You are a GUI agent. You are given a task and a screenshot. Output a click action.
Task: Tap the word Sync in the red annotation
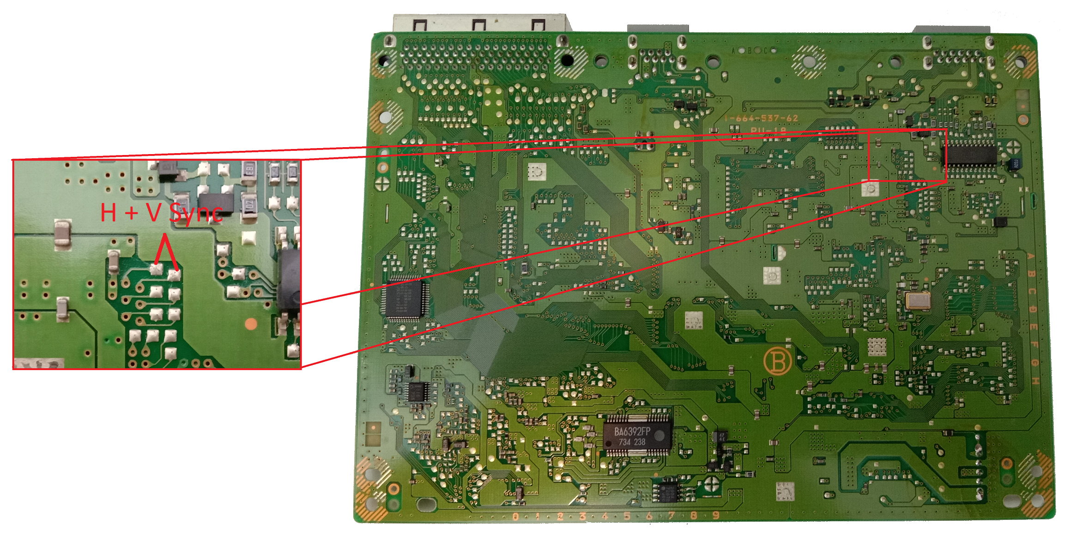196,213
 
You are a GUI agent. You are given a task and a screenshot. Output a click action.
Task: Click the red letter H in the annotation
108,213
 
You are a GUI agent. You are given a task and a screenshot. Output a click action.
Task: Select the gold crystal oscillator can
917,300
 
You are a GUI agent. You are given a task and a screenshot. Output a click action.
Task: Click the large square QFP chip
405,298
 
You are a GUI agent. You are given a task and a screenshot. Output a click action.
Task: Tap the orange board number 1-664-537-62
761,119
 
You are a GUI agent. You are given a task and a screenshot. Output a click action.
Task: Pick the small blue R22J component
1014,164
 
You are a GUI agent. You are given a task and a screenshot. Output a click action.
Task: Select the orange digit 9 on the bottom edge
716,515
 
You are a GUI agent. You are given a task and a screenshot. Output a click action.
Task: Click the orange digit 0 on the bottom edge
515,517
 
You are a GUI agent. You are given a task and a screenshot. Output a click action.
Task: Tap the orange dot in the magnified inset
251,323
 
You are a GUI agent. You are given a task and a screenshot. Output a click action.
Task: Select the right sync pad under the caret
174,275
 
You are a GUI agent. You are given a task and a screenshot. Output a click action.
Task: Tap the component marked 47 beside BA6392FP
720,436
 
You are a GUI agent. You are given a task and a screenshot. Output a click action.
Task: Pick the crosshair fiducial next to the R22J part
1013,147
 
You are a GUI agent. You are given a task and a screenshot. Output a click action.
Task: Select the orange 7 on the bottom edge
671,515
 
